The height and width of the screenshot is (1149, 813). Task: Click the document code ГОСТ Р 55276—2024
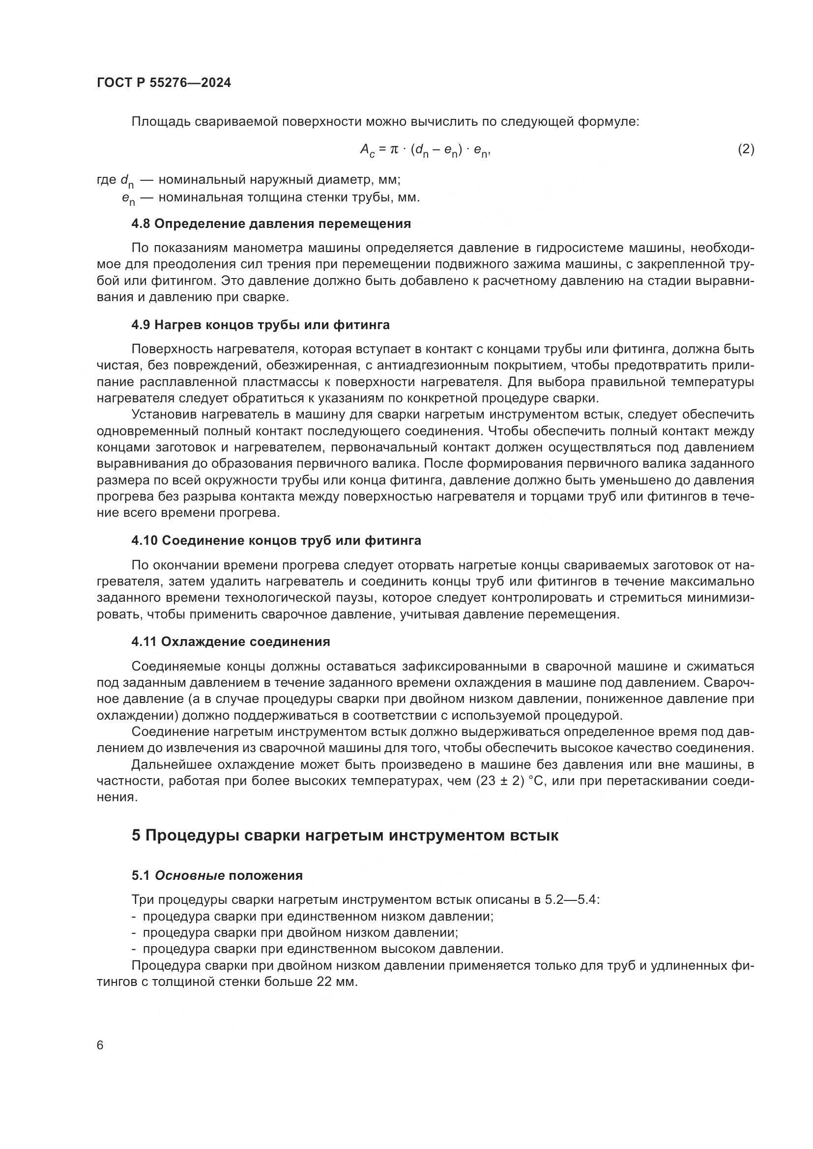point(164,83)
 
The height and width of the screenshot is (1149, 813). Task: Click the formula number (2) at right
point(746,149)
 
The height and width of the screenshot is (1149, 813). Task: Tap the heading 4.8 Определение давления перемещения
point(271,224)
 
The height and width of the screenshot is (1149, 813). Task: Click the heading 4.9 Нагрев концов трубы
point(261,325)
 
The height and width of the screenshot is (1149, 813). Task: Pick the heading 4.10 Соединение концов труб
point(276,540)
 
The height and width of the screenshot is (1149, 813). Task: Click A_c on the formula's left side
point(367,150)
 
